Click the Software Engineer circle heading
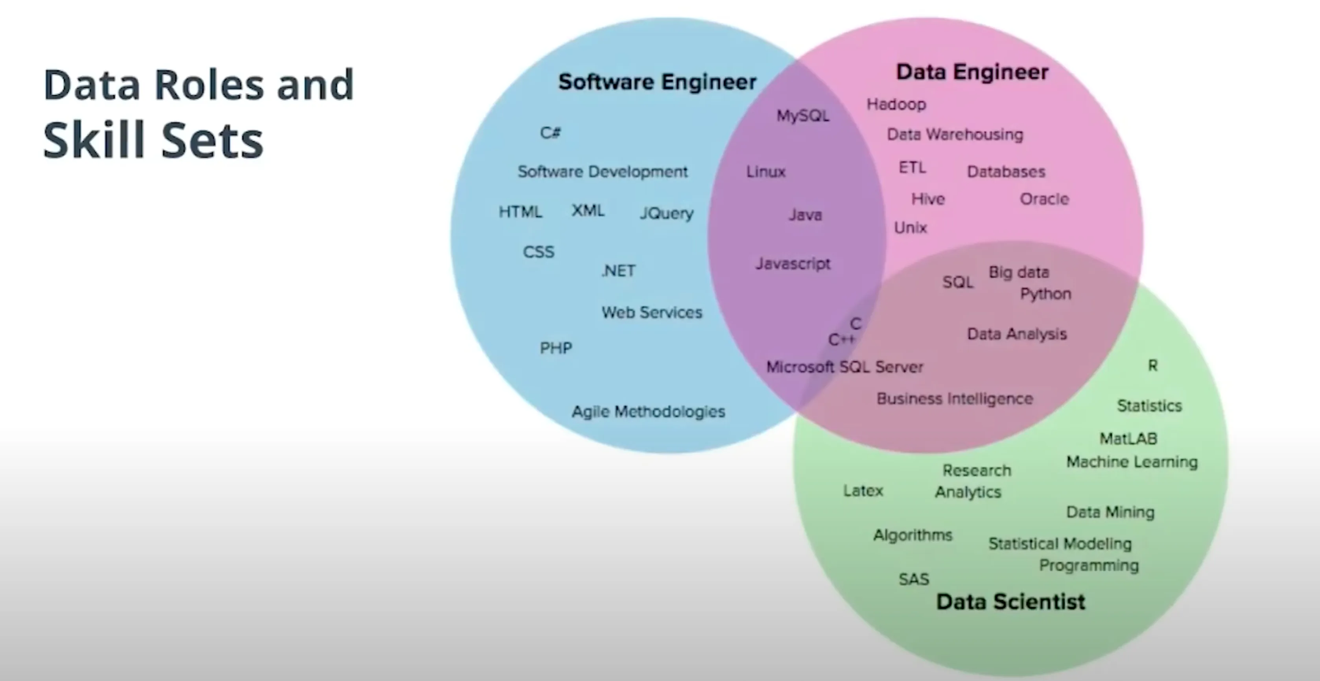[657, 82]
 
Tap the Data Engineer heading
[972, 72]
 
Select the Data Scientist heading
[1010, 601]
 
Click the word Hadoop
[896, 105]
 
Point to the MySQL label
[802, 116]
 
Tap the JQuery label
[666, 213]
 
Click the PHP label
[556, 349]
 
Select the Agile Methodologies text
[648, 412]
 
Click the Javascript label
[793, 264]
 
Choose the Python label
[1045, 294]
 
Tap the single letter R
[1152, 366]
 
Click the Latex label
[863, 491]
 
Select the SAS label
[914, 579]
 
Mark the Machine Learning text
[1132, 462]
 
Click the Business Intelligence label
[955, 399]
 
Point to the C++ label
[841, 339]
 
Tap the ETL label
[912, 168]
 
